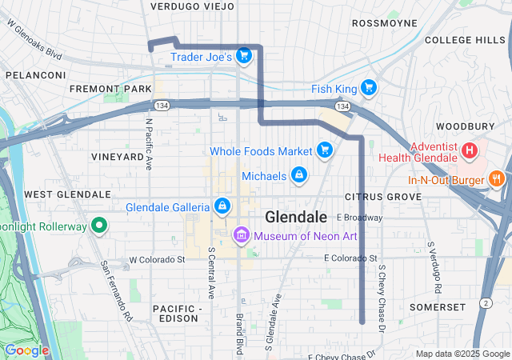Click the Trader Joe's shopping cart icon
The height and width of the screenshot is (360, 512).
click(244, 56)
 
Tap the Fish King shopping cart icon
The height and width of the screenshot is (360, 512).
click(368, 87)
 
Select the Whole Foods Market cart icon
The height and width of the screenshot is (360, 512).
click(324, 150)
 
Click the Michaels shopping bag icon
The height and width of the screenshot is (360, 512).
click(298, 175)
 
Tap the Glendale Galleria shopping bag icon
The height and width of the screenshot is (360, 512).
click(222, 207)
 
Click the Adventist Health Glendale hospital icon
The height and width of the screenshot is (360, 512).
click(470, 149)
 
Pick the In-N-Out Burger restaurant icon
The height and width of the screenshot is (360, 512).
click(496, 179)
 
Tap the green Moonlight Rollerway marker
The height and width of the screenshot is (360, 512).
click(99, 226)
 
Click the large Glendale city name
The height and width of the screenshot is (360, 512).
click(295, 217)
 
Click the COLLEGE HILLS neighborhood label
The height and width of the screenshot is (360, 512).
click(465, 40)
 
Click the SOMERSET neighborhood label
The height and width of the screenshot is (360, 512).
click(436, 307)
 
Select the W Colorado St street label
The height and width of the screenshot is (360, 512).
click(157, 259)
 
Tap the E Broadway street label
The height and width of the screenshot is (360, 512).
click(360, 218)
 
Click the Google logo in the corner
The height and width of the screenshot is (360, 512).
click(26, 350)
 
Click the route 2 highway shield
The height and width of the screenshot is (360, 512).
click(486, 302)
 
